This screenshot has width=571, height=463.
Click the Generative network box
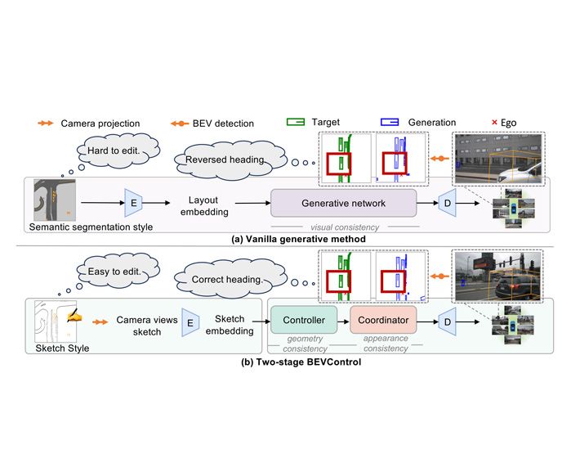343,203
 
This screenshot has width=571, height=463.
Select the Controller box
304,320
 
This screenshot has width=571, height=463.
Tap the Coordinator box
383,320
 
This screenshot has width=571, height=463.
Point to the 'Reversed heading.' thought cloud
230,160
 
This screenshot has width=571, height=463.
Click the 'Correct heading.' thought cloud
230,279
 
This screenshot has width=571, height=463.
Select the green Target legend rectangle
296,122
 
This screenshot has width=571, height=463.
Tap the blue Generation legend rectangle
390,122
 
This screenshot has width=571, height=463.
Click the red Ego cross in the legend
494,122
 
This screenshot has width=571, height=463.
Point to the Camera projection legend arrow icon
46,124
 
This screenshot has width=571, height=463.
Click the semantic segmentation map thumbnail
55,200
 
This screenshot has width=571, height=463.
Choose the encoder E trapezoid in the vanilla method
133,203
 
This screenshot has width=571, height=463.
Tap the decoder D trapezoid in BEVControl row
447,321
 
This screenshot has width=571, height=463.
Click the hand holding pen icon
74,316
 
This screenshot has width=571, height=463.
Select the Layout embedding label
204,206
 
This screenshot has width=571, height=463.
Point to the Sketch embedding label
230,325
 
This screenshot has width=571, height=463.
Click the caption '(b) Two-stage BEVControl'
301,362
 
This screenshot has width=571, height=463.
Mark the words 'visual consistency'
345,227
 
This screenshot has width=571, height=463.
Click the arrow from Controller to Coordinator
343,321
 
